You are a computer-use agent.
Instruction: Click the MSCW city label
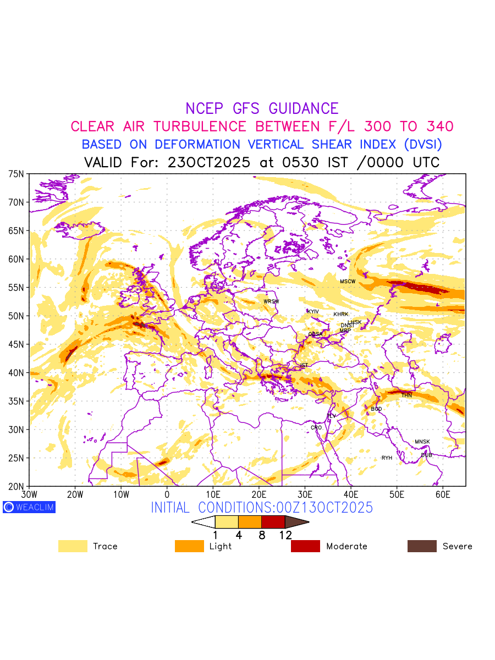pos(348,282)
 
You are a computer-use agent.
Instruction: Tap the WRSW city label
pos(271,301)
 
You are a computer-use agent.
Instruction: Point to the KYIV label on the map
pos(313,312)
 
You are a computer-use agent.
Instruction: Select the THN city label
pos(406,395)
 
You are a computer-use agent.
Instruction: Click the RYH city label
pos(387,458)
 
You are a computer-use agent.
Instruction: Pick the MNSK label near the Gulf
pos(422,442)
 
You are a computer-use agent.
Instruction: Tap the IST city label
pos(304,365)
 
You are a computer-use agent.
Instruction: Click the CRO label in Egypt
pos(316,427)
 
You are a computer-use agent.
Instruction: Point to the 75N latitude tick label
pos(16,174)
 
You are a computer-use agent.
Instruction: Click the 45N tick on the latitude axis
pos(16,344)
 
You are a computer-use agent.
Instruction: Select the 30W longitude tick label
pos(29,495)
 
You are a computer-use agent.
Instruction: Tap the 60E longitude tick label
pos(443,495)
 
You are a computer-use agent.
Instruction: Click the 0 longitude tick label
pos(167,495)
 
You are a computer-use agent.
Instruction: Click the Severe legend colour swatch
pos(422,546)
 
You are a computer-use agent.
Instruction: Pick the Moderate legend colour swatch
pos(305,546)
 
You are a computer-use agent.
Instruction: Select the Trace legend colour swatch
pos(73,546)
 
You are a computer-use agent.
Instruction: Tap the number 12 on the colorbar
pos(285,535)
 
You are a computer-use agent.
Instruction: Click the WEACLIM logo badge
pos(29,507)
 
